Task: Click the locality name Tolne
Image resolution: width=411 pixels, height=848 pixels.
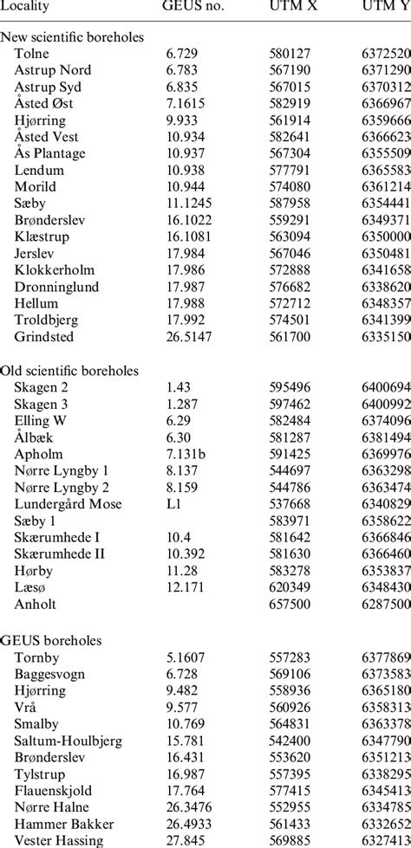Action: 32,53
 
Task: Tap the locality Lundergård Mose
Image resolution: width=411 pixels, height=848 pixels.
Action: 68,504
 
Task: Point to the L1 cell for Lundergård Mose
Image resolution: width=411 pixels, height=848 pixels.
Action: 173,504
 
